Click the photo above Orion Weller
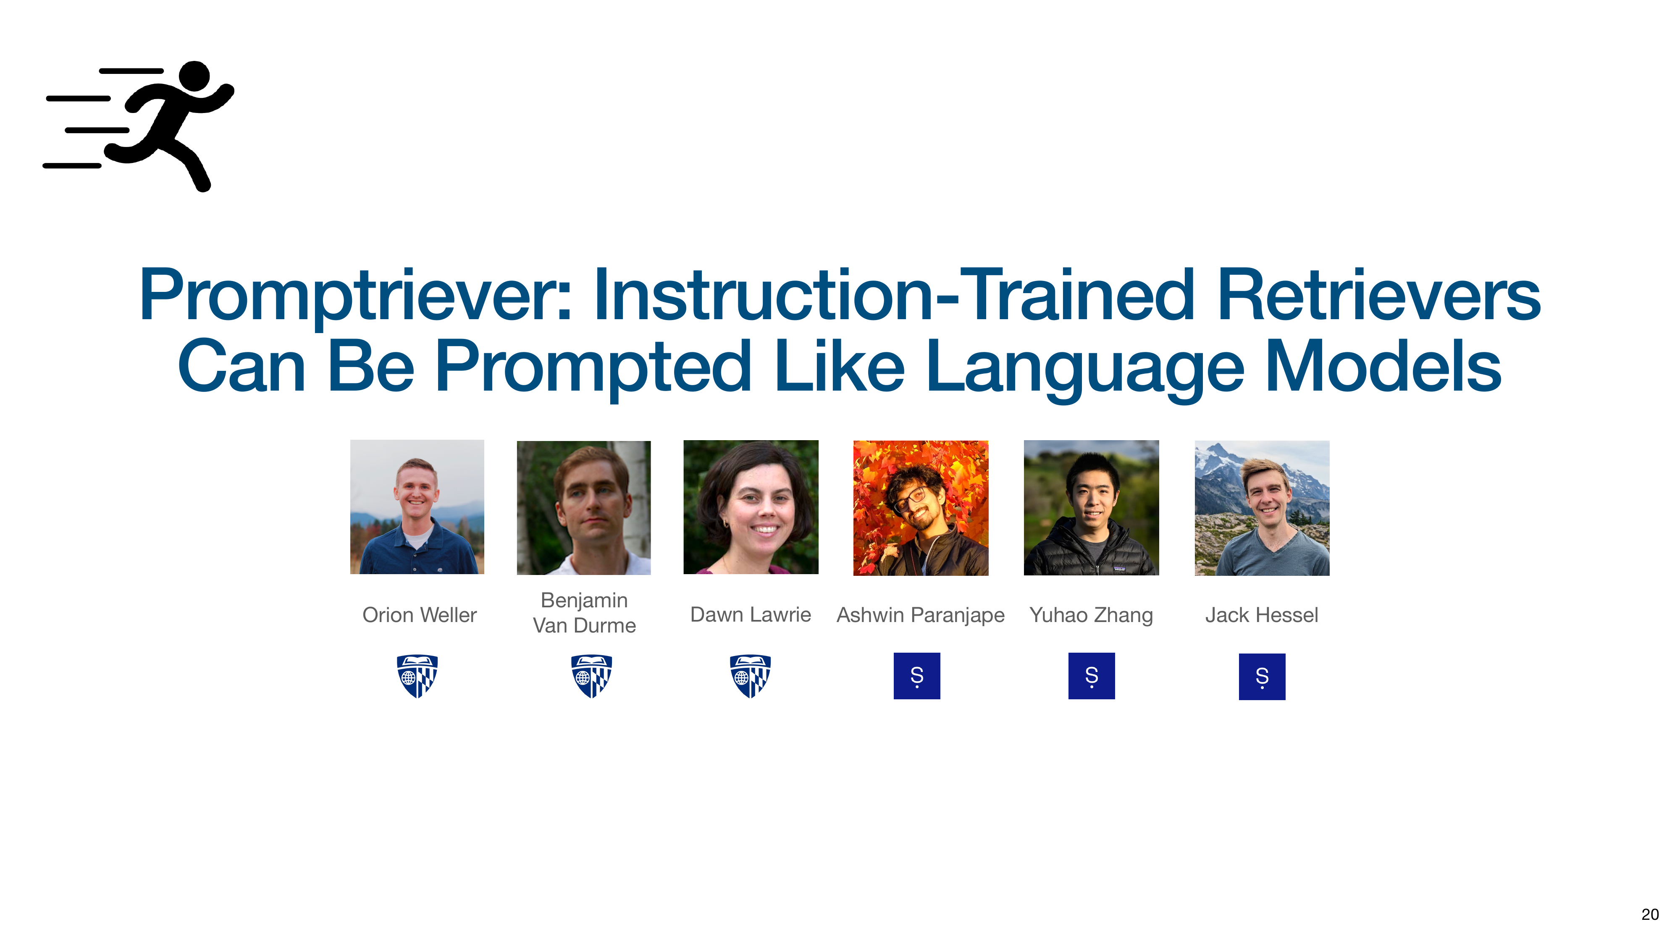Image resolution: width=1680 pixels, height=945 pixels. point(417,507)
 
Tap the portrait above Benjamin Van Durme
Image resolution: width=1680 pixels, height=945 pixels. point(584,507)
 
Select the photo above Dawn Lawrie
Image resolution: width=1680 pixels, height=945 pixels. point(751,507)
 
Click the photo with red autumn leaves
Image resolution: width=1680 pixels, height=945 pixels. point(921,507)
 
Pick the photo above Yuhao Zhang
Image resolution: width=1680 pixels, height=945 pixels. point(1091,507)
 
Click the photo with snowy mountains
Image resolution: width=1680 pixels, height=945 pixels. point(1262,507)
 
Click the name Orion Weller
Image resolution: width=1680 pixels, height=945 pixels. point(419,615)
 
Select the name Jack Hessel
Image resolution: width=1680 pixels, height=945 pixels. point(1261,615)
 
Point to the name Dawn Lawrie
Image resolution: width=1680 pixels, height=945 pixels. point(751,615)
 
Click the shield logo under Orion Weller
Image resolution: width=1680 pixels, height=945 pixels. point(417,676)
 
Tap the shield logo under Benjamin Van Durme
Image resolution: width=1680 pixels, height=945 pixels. point(591,676)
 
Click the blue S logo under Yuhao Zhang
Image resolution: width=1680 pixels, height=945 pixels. point(1092,676)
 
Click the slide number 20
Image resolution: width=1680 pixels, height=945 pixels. point(1650,914)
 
